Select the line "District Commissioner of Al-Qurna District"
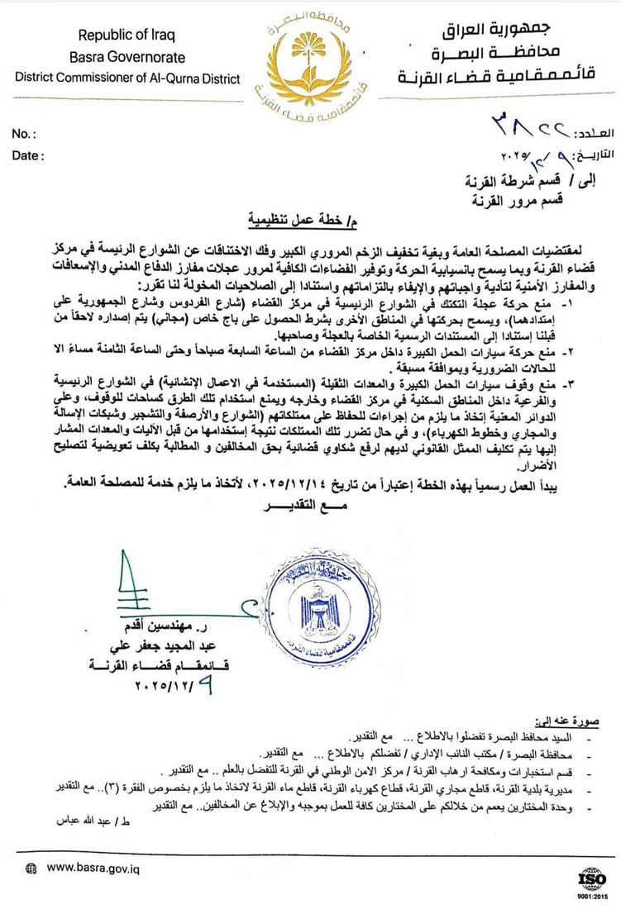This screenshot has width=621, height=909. (x=127, y=79)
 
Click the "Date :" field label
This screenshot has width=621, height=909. (x=29, y=155)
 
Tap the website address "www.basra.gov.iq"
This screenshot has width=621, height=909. (x=93, y=868)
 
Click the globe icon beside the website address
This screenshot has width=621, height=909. (x=31, y=869)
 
